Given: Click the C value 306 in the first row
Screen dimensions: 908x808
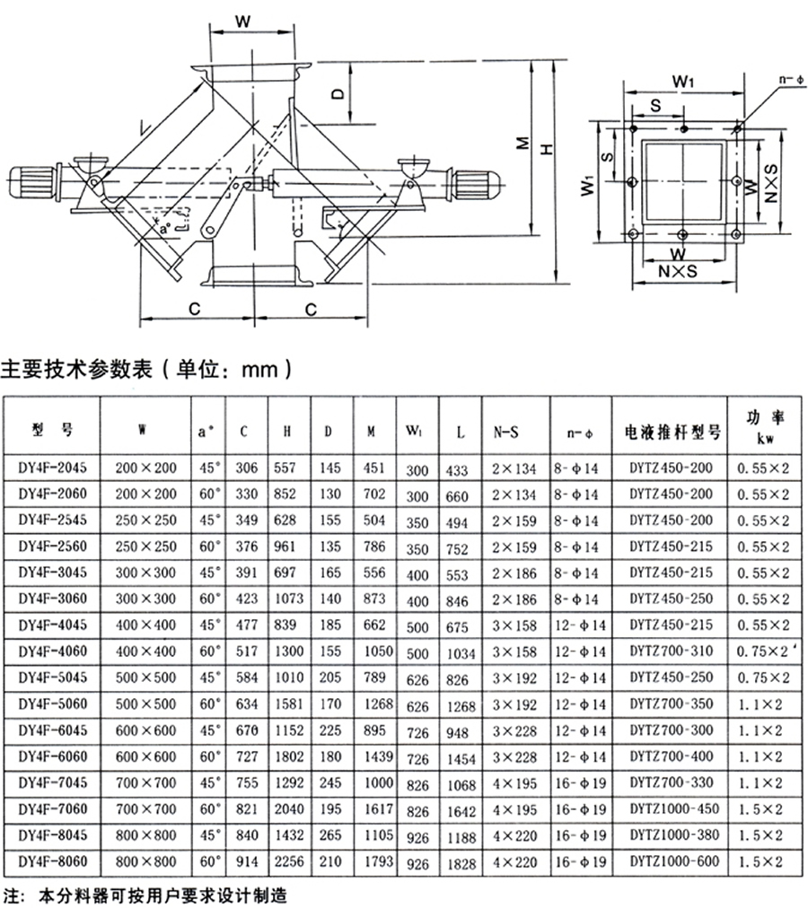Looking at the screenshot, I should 246,468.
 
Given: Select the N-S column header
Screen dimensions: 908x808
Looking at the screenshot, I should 506,432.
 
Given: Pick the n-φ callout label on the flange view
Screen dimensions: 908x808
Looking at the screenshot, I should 790,81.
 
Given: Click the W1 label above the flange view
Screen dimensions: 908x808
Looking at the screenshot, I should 685,82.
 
